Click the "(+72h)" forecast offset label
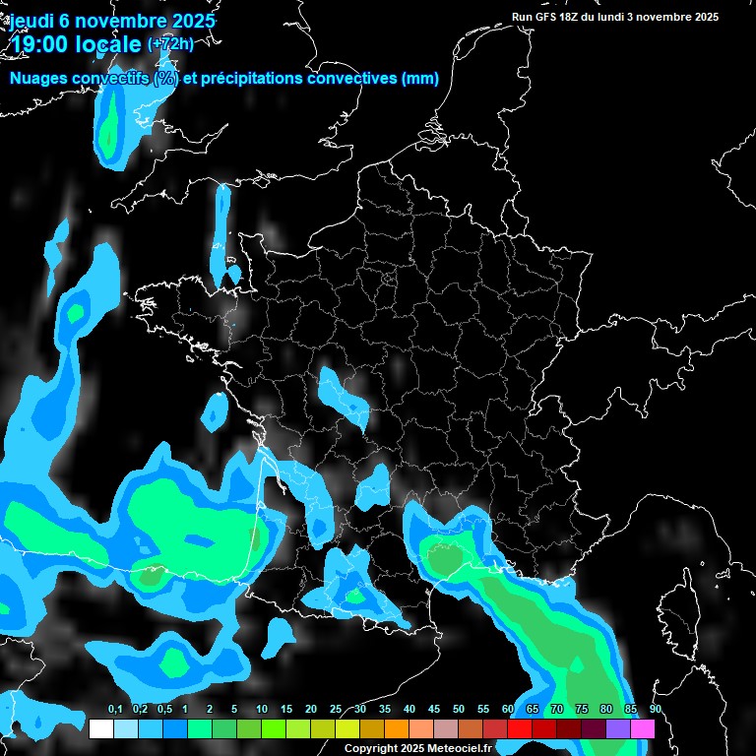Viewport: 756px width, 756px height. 169,43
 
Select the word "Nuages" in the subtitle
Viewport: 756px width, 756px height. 39,79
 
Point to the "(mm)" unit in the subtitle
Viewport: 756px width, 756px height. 420,79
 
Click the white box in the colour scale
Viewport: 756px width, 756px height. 100,729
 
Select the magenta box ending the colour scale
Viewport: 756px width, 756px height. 643,729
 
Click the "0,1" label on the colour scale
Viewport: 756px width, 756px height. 115,710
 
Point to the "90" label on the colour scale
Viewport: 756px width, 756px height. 655,710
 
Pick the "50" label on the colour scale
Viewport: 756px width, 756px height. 459,710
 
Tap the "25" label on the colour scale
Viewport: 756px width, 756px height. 336,710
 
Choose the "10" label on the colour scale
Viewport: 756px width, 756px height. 262,710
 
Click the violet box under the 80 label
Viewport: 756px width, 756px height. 618,729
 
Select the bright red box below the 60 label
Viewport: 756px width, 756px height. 520,729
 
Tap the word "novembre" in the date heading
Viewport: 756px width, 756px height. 113,21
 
